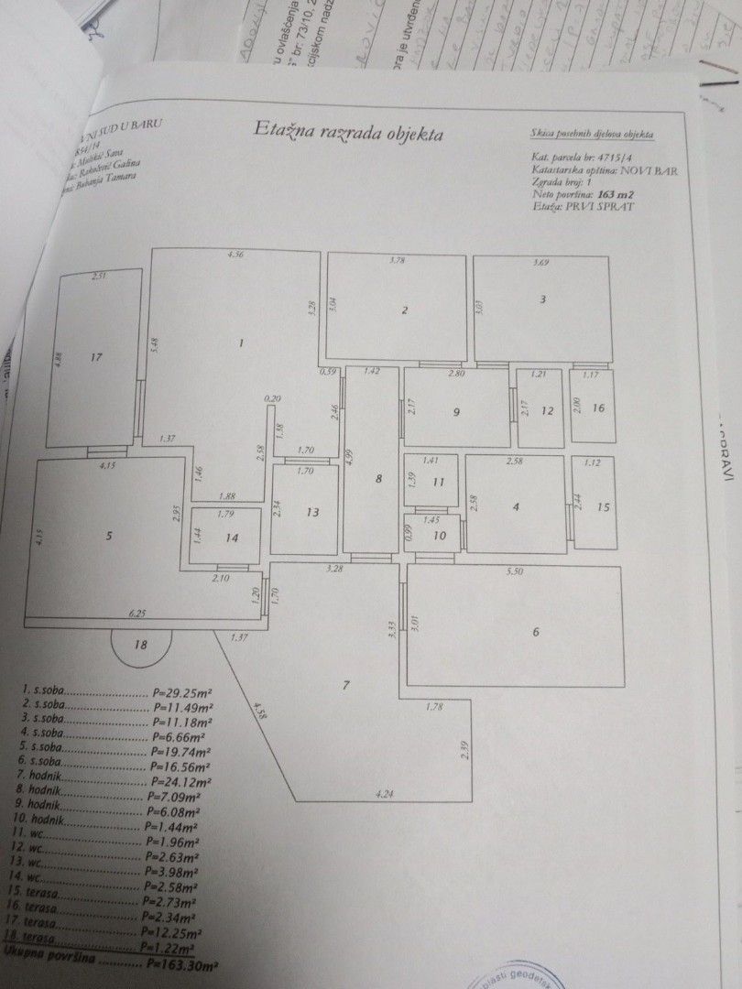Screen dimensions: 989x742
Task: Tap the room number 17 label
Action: pos(95,358)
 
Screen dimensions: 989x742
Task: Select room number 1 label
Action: pos(240,343)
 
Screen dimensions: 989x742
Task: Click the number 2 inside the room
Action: pos(404,310)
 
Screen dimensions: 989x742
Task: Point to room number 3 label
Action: pos(542,299)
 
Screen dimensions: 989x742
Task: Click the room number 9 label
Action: pos(456,412)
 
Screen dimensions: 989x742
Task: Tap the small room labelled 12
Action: pos(547,411)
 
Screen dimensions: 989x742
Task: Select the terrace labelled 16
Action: pos(598,408)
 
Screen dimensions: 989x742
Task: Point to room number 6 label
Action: pos(537,631)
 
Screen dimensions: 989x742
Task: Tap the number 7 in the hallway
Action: pos(345,685)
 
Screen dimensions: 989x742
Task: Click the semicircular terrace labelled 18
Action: pos(140,645)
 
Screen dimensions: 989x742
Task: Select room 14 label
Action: pos(233,538)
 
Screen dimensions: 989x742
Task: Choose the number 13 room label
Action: pos(313,512)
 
